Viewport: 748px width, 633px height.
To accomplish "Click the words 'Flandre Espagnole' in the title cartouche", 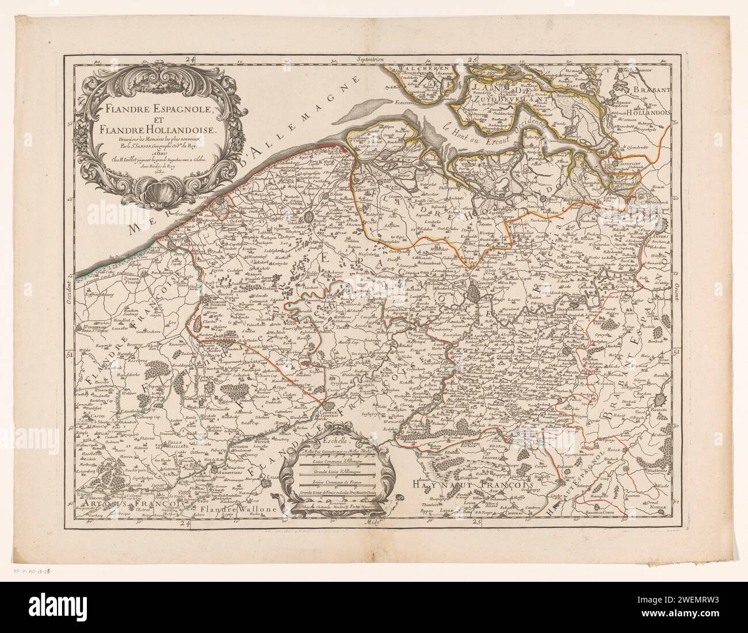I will [151, 108].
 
